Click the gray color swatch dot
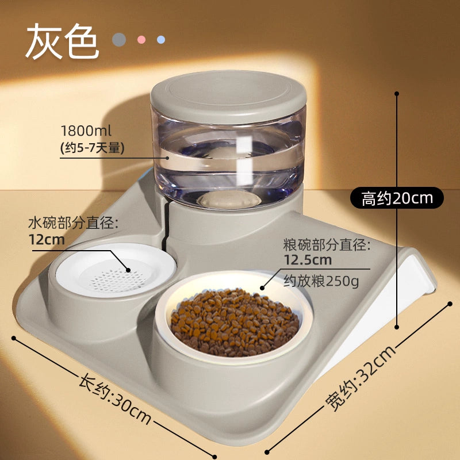pos(119,40)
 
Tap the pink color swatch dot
pos(141,40)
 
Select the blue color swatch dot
pos(161,40)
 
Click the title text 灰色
pos(62,41)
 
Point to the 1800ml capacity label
pos(86,131)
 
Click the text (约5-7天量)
pos(92,148)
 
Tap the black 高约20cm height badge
pos(397,198)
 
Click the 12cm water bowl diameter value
pos(47,240)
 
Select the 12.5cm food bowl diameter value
pos(308,260)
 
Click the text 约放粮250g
pos(321,281)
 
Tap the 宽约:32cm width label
pos(361,378)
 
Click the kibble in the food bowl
pos(235,322)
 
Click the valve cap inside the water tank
pos(229,200)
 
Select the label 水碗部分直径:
pos(73,223)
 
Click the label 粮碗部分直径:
pos(327,245)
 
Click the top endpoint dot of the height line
pos(397,94)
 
